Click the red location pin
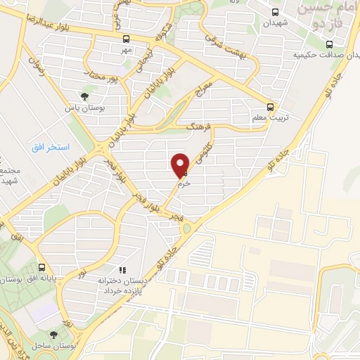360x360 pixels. tap(181, 165)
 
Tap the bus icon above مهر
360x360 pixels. tap(126, 39)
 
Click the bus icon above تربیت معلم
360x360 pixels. tap(271, 108)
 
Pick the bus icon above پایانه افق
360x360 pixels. tap(42, 268)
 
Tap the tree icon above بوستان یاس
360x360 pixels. tap(84, 96)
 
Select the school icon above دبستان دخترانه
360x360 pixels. tap(122, 269)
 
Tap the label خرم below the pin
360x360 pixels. tap(181, 181)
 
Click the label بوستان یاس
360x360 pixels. tap(80, 108)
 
